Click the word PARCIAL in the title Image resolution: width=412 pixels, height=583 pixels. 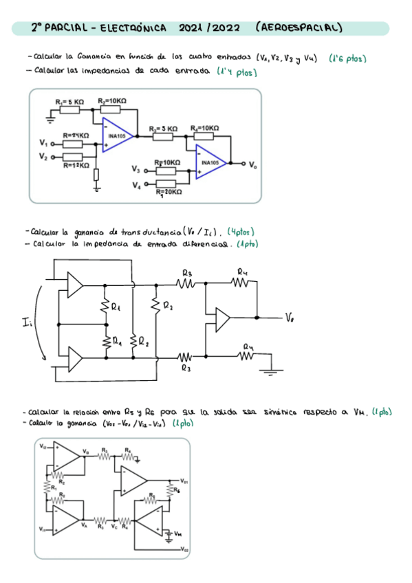67,28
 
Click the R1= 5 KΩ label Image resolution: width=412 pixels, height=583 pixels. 69,101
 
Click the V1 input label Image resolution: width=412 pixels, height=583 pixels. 44,144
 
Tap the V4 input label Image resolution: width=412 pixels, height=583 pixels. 135,185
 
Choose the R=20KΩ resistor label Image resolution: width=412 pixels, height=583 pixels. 169,192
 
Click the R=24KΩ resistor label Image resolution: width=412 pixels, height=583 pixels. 76,136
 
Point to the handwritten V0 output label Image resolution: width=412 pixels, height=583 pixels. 291,318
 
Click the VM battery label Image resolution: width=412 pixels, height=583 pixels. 177,533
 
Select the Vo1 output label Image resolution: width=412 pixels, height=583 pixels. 184,481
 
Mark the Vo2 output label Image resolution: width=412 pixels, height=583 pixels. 184,550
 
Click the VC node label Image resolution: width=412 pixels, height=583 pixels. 113,527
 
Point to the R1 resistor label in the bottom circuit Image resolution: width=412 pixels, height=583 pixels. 54,487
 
